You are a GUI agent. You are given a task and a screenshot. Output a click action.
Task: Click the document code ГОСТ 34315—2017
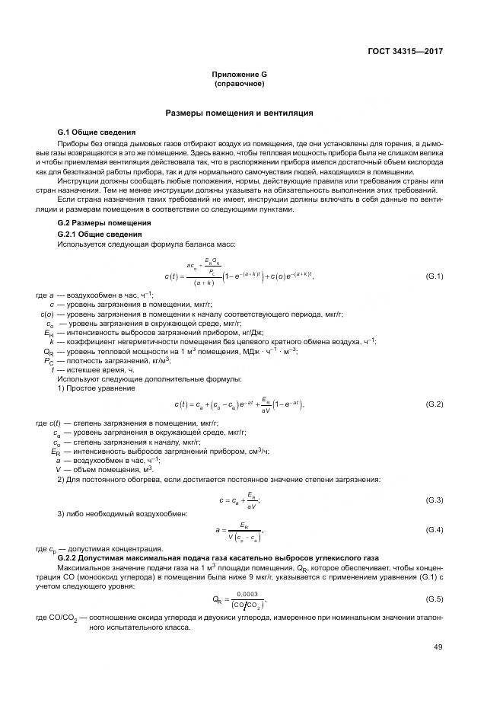click(x=406, y=52)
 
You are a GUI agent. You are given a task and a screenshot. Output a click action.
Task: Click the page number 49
click(x=438, y=649)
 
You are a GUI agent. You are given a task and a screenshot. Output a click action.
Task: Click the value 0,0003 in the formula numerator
click(x=247, y=594)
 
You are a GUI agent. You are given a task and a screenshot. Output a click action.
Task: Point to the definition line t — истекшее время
click(x=81, y=369)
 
